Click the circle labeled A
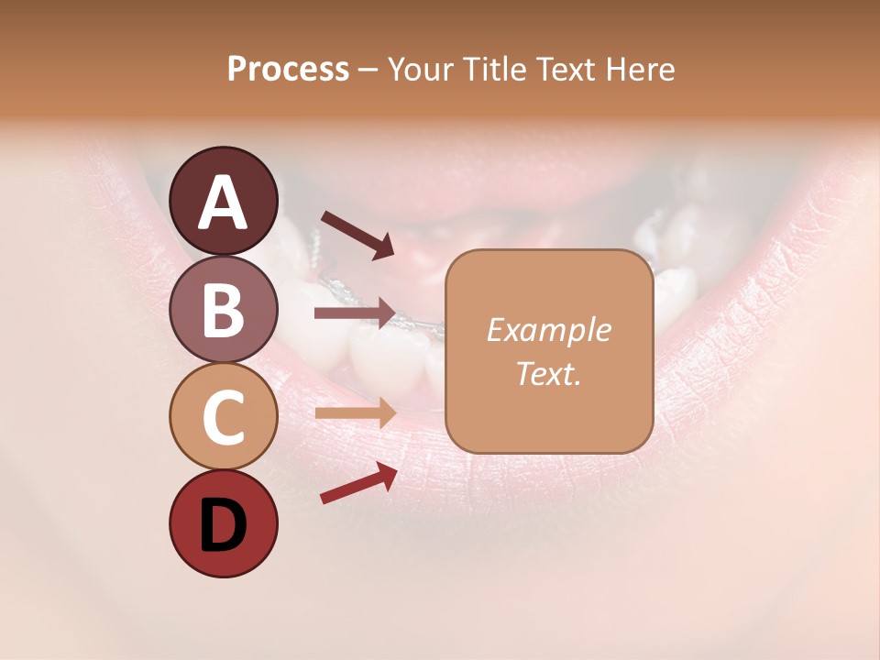tap(223, 201)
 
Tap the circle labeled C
tap(223, 416)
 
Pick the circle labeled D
tap(223, 523)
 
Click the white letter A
tap(223, 203)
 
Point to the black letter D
tap(223, 525)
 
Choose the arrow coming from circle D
tap(358, 483)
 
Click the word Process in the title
tap(288, 69)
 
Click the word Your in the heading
tap(422, 69)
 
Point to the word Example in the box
tap(548, 331)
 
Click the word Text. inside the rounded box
tap(548, 374)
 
